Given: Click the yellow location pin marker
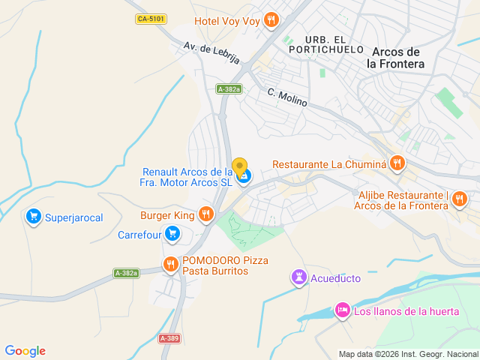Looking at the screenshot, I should (x=239, y=166).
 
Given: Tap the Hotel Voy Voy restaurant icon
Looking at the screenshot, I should (x=271, y=20).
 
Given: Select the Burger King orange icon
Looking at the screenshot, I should (x=206, y=215).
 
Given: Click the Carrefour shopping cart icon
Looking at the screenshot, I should (x=172, y=235).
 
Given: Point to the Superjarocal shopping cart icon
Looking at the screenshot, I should (x=33, y=217).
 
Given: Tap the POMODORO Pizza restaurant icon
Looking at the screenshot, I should (x=170, y=264).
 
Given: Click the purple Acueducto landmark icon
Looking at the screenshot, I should (x=299, y=278).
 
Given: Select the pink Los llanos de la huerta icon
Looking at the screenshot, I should (x=342, y=310).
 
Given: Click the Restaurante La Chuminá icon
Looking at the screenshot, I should (x=397, y=163).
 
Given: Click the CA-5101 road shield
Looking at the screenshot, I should (x=152, y=18).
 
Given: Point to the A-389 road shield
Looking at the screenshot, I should (x=169, y=339).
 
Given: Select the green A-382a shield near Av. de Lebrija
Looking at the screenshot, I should (x=229, y=89).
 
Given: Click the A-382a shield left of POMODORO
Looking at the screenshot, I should (x=126, y=273).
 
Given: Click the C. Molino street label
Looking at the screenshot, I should (x=287, y=97).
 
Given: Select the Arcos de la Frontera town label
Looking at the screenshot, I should (x=395, y=58).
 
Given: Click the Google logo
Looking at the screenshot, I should (x=25, y=351).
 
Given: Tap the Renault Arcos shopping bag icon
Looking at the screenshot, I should (x=244, y=177).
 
